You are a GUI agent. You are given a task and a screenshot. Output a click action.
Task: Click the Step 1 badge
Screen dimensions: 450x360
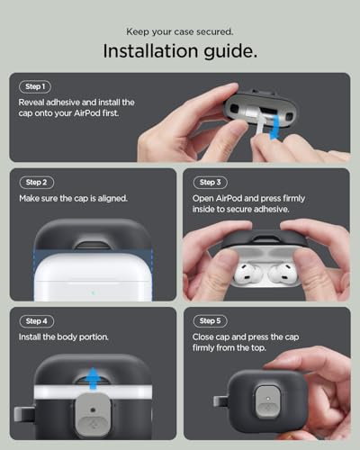[x=34, y=87]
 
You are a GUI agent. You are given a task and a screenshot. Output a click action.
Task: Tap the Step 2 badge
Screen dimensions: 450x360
[x=35, y=182]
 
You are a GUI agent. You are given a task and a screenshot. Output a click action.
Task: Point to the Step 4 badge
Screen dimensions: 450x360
[x=35, y=321]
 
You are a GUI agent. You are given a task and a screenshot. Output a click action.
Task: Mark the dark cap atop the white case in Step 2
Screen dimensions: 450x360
[x=93, y=236]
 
